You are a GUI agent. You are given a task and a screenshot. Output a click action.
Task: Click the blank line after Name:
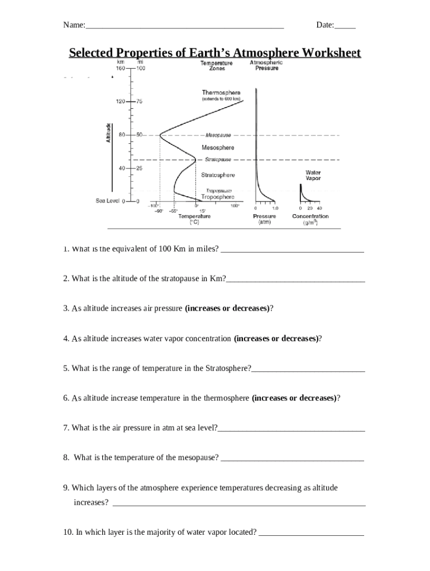tap(185, 26)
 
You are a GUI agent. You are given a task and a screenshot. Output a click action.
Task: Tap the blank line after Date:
tap(345, 26)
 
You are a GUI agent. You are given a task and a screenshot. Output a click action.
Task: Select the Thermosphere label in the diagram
tap(221, 93)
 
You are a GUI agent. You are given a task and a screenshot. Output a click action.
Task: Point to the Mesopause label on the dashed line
tap(218, 135)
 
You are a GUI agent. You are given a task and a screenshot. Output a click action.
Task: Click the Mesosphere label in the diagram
tap(218, 148)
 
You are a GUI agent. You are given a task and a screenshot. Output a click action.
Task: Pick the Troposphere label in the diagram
tap(218, 196)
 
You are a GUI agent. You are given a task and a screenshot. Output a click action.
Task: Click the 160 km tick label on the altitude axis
tap(120, 68)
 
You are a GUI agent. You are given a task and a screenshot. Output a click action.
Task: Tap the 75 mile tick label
tap(140, 102)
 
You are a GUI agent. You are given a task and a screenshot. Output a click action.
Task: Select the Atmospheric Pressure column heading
tap(266, 65)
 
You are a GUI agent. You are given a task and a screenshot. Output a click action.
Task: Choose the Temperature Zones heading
tap(217, 66)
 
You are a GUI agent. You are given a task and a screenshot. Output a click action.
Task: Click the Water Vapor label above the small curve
tap(313, 175)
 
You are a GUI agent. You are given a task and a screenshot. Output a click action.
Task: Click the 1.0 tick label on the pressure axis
tap(275, 207)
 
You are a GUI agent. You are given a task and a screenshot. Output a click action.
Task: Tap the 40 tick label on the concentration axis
tap(319, 207)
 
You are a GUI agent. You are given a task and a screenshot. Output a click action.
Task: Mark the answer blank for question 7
tap(292, 428)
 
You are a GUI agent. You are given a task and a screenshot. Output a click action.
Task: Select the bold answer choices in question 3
tap(227, 308)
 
